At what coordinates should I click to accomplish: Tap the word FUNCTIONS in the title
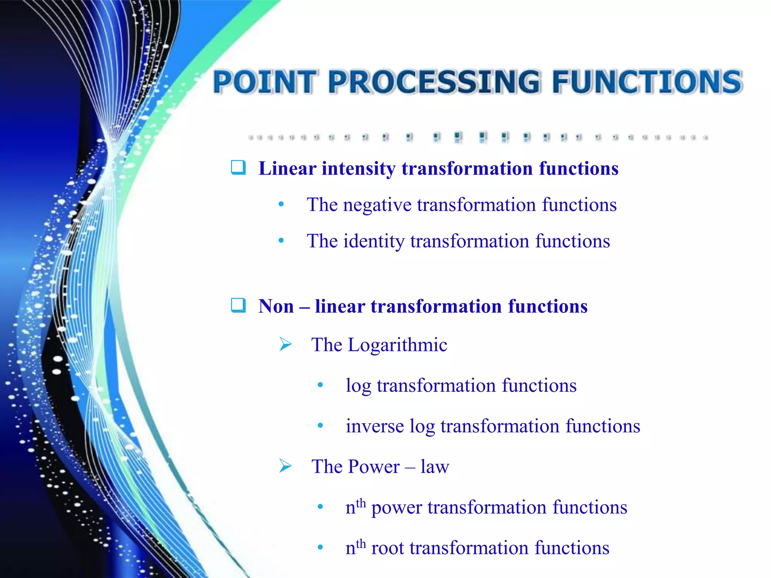(647, 82)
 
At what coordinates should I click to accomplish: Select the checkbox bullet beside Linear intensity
(238, 167)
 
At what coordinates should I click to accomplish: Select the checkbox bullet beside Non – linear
(238, 305)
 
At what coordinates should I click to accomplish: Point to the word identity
(373, 242)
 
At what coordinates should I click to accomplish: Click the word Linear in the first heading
(287, 168)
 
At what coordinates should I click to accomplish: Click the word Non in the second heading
(276, 306)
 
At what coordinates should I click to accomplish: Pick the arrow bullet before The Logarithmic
(286, 344)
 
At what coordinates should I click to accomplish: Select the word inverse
(375, 426)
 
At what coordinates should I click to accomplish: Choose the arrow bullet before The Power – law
(286, 466)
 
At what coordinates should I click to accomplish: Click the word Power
(374, 467)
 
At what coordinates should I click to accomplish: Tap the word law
(435, 467)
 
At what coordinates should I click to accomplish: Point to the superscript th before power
(361, 503)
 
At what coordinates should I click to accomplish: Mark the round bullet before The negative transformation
(281, 205)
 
